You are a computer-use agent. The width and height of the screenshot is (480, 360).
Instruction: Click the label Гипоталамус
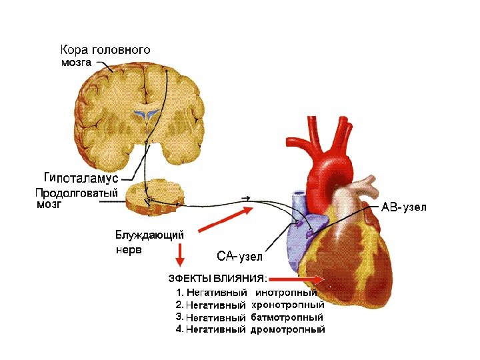81,179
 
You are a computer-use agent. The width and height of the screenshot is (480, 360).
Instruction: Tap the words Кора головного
105,51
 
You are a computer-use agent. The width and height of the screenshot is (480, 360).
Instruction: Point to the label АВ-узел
404,207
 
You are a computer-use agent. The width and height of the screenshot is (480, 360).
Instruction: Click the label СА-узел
241,257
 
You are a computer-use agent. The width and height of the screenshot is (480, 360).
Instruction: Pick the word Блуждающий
149,235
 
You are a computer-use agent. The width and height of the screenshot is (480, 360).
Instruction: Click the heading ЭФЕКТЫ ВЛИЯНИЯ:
217,278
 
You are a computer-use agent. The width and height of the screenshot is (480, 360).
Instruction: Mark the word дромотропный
288,329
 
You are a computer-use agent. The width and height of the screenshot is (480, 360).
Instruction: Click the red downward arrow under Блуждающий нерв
179,255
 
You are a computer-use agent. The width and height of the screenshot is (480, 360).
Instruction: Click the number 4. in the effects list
179,329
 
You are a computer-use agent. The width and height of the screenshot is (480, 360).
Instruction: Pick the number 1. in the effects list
179,292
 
